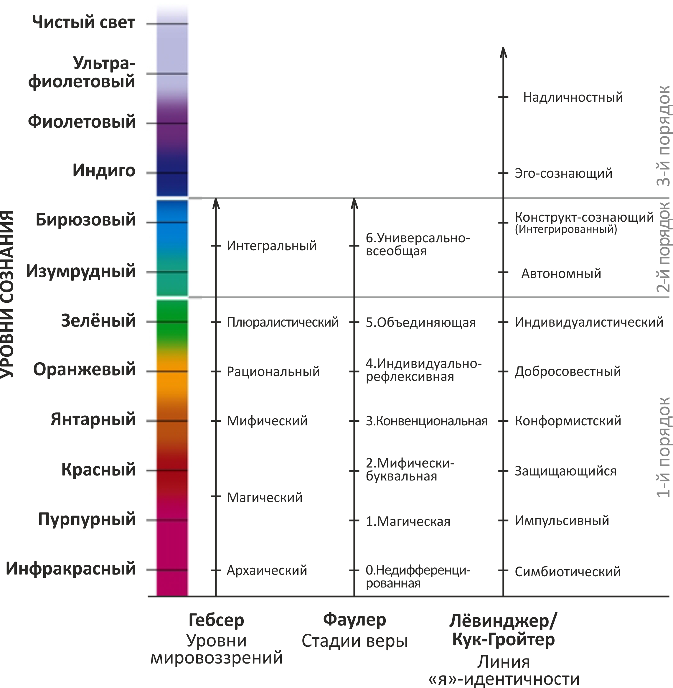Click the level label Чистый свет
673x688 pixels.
coord(83,23)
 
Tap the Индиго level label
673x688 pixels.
coord(104,171)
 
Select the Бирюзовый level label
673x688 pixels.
coord(85,220)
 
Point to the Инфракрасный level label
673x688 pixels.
coord(71,569)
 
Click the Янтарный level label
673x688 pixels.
coord(93,419)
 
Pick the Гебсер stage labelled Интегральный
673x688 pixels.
coord(271,246)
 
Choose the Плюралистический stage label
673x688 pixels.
coord(282,322)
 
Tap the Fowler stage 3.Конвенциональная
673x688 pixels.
coord(427,421)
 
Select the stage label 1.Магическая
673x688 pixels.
coord(408,521)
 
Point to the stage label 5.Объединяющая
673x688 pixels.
coord(421,322)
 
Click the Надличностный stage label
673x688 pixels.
coord(573,97)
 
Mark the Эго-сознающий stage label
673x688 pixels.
coord(563,173)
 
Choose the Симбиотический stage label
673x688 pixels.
coord(567,572)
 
